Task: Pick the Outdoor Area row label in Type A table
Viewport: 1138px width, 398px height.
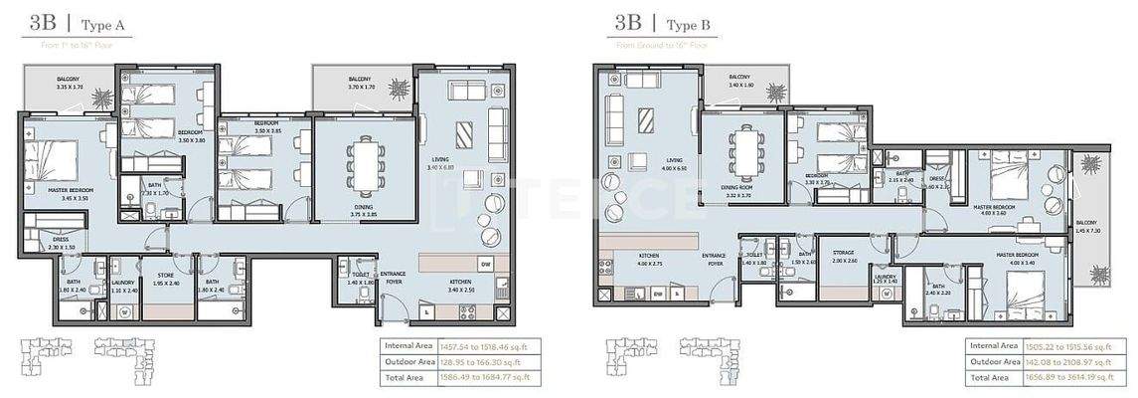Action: coord(406,361)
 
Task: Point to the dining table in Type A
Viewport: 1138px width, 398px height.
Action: coord(362,166)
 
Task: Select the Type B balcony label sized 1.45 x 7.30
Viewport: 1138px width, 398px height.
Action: coord(1088,227)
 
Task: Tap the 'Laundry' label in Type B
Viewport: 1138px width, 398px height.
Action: coord(886,280)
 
